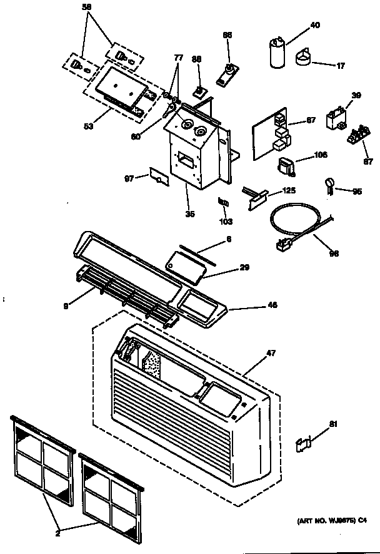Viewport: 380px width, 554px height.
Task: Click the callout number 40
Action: point(314,25)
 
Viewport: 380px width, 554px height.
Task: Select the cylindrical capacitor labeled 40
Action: point(277,53)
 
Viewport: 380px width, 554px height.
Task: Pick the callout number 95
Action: point(357,192)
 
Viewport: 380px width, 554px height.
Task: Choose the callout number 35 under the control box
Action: point(190,214)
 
